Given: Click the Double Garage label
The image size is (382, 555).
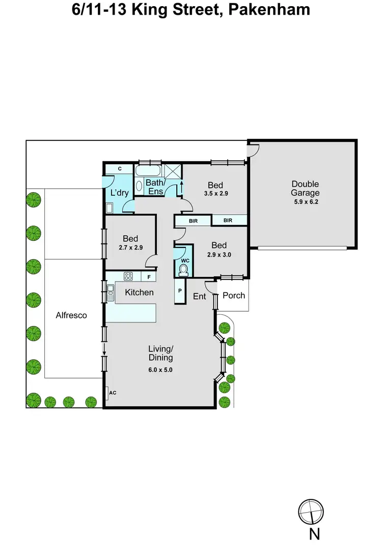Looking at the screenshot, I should pyautogui.click(x=305, y=188).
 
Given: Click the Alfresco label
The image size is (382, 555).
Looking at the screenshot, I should pyautogui.click(x=71, y=315).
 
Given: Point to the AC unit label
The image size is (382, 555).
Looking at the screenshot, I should pyautogui.click(x=113, y=393).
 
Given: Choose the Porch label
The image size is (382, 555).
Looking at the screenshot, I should pyautogui.click(x=234, y=295).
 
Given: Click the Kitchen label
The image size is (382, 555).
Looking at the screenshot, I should pyautogui.click(x=139, y=292).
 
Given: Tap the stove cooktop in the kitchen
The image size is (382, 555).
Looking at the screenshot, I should pyautogui.click(x=128, y=277).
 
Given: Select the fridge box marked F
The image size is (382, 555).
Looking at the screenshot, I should pyautogui.click(x=149, y=277).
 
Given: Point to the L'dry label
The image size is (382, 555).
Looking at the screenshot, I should pyautogui.click(x=119, y=192).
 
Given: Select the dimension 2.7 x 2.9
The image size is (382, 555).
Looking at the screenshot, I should pyautogui.click(x=131, y=247).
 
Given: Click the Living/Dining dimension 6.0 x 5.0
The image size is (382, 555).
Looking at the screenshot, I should pyautogui.click(x=160, y=370).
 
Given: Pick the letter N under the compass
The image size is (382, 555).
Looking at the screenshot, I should pyautogui.click(x=314, y=535).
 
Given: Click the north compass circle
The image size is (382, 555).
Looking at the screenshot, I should pyautogui.click(x=311, y=511).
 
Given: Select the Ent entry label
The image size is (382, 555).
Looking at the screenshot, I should pyautogui.click(x=199, y=296).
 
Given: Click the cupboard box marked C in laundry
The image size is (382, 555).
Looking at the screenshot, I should pyautogui.click(x=119, y=169).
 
